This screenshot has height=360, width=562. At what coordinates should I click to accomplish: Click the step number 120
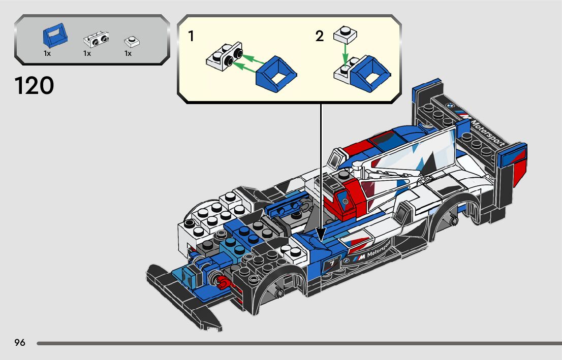coord(34,86)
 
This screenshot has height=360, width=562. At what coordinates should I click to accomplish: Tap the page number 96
coord(20,342)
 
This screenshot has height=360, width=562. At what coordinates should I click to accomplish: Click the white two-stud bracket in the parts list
coord(96,39)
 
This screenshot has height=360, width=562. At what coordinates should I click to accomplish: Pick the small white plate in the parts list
coord(132,41)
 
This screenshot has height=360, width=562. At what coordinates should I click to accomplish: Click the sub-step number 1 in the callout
coord(191,37)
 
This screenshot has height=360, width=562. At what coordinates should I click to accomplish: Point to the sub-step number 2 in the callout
coord(319,37)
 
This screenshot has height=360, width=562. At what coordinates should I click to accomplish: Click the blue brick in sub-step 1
coord(276,74)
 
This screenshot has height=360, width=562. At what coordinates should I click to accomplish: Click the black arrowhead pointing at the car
coord(321,234)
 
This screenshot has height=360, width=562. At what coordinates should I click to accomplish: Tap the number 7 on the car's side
coord(331,264)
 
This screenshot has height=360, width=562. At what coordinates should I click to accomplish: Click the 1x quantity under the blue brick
coord(47,53)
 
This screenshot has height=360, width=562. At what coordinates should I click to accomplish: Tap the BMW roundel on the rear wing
coord(449,106)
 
